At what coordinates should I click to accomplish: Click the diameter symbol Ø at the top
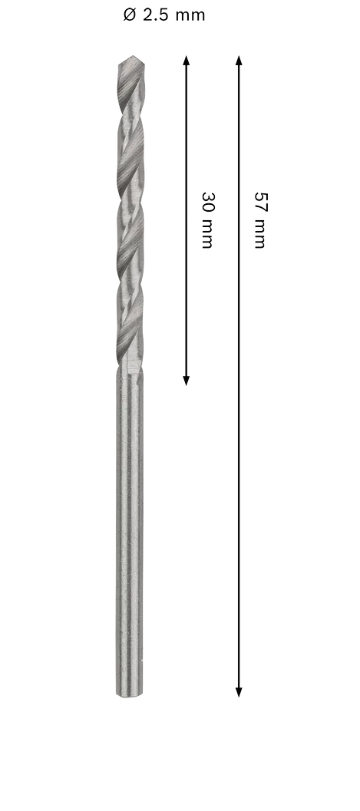(x=129, y=15)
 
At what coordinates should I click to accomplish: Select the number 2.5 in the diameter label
(x=156, y=15)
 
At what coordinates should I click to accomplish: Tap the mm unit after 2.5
(x=190, y=17)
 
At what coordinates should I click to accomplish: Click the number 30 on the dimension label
(x=208, y=202)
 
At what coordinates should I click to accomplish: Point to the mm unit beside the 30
(x=207, y=233)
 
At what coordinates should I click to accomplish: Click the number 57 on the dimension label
(x=260, y=202)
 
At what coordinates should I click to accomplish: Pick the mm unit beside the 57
(x=260, y=233)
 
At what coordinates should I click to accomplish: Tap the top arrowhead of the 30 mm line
(x=187, y=61)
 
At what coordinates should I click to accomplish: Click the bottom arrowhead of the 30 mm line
(x=187, y=381)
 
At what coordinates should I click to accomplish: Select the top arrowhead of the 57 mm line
(x=239, y=61)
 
